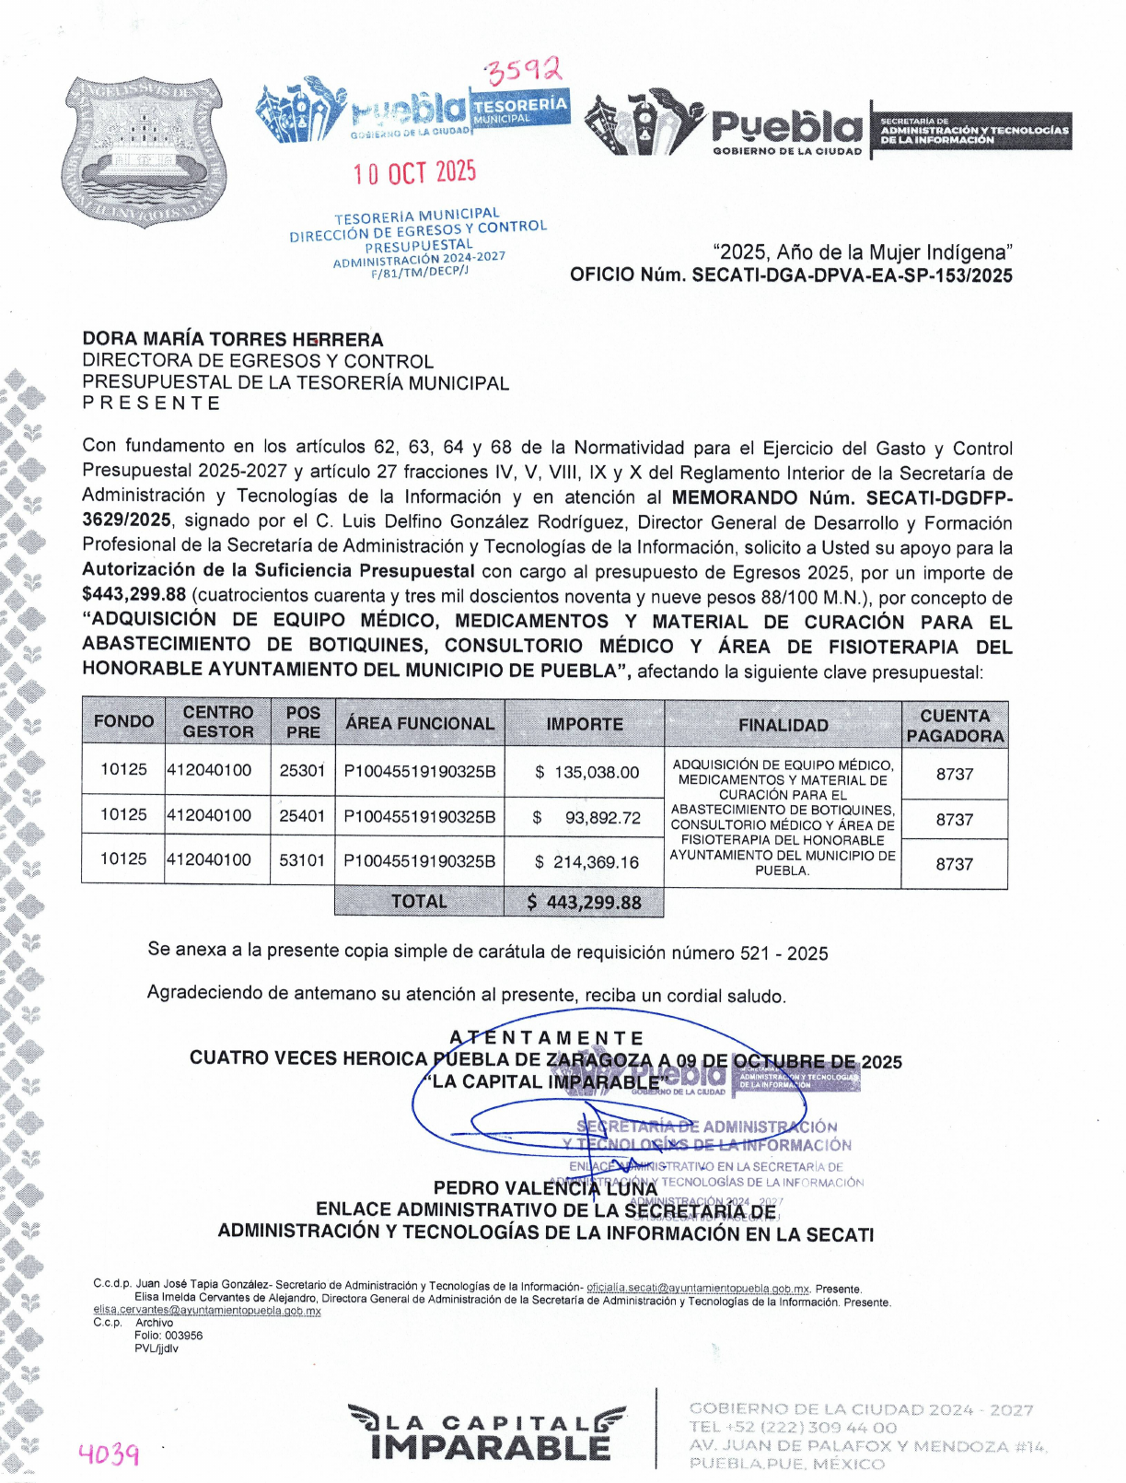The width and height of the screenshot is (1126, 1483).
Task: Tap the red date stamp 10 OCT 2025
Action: click(415, 172)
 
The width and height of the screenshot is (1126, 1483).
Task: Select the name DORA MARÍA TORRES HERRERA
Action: click(233, 339)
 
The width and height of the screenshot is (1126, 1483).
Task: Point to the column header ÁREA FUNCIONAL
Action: click(420, 724)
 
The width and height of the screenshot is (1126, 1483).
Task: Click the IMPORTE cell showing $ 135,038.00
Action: click(586, 772)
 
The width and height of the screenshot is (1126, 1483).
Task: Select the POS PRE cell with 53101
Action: click(302, 860)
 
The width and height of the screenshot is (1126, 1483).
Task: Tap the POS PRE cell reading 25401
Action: click(302, 816)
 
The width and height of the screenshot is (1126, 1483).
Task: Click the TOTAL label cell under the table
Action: click(419, 902)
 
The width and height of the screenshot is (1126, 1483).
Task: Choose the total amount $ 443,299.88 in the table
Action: click(584, 903)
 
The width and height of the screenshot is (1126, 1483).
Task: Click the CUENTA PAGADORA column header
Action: click(955, 726)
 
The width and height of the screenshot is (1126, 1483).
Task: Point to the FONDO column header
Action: click(123, 721)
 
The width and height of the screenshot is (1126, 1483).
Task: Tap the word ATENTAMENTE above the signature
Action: click(547, 1038)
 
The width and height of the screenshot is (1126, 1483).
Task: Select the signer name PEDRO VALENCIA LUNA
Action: click(545, 1188)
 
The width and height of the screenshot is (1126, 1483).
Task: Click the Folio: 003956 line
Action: click(168, 1336)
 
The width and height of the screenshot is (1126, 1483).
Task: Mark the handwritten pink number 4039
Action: click(109, 1454)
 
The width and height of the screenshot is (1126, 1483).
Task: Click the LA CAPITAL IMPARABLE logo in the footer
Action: click(488, 1433)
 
